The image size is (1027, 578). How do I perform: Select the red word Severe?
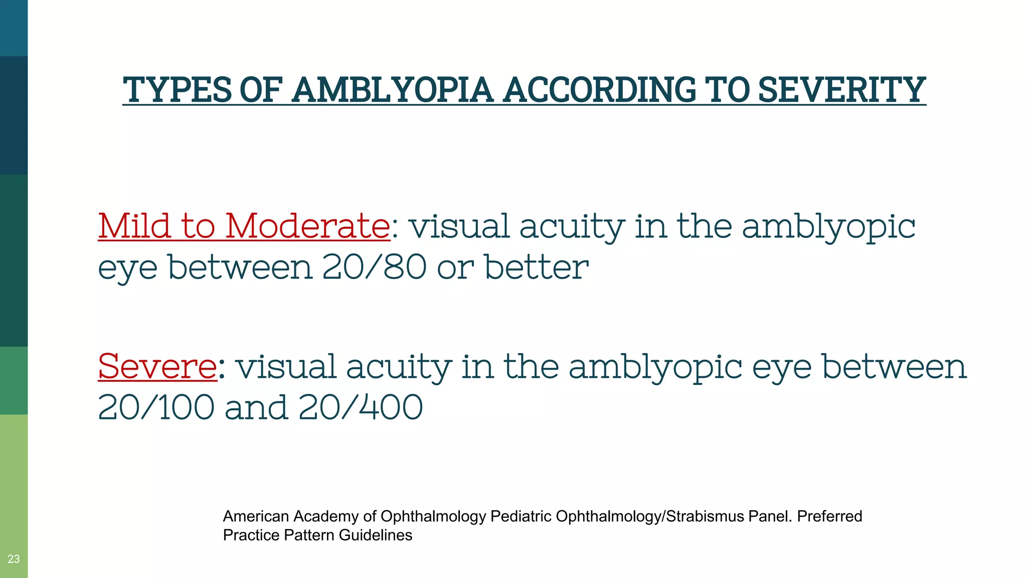pyautogui.click(x=157, y=366)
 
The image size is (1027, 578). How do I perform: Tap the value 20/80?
pyautogui.click(x=374, y=267)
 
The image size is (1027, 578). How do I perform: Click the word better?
pyautogui.click(x=536, y=267)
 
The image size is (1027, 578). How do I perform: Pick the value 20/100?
pyautogui.click(x=156, y=407)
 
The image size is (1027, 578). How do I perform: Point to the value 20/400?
pyautogui.click(x=361, y=407)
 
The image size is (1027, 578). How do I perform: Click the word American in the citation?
pyautogui.click(x=256, y=516)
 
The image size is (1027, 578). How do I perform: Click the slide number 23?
pyautogui.click(x=14, y=559)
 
